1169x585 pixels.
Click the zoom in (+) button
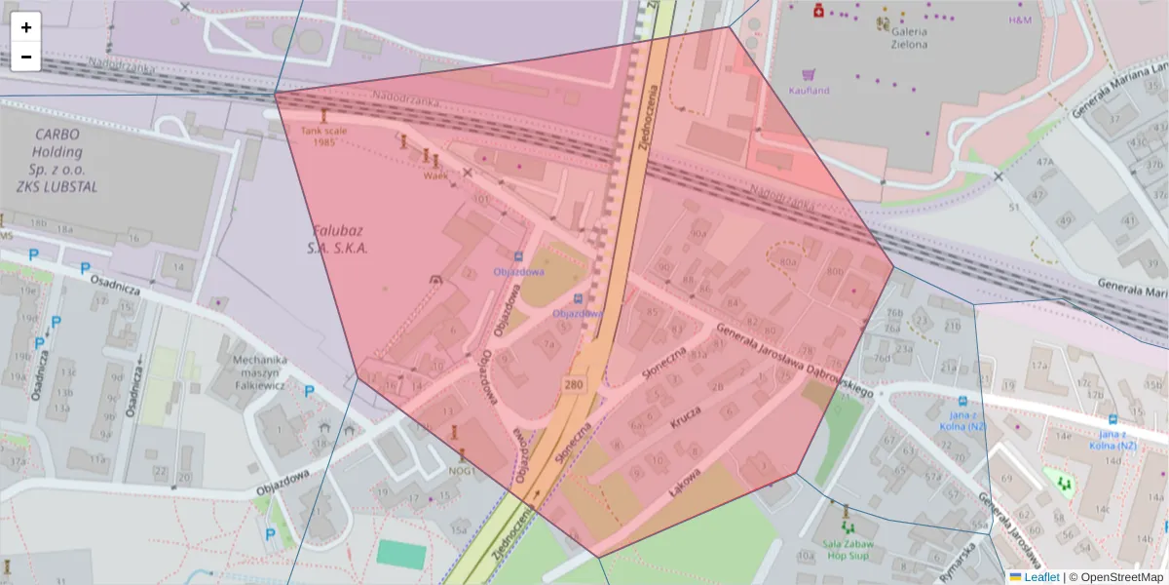pos(26,27)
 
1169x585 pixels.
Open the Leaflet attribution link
pos(1041,577)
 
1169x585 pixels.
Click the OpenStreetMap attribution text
pos(1119,577)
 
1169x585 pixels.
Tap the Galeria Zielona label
pos(908,37)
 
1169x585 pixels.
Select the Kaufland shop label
pos(810,90)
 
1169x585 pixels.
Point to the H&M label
pos(1020,19)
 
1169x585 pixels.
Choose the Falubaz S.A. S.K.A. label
pos(340,240)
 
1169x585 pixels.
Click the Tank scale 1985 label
pos(324,136)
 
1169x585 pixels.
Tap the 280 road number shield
pos(574,386)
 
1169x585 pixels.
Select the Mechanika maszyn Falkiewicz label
pos(260,371)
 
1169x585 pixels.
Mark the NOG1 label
pos(462,471)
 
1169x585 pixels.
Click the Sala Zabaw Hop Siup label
pos(848,551)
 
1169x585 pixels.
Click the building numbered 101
pos(480,199)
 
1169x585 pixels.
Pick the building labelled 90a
pos(698,234)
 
